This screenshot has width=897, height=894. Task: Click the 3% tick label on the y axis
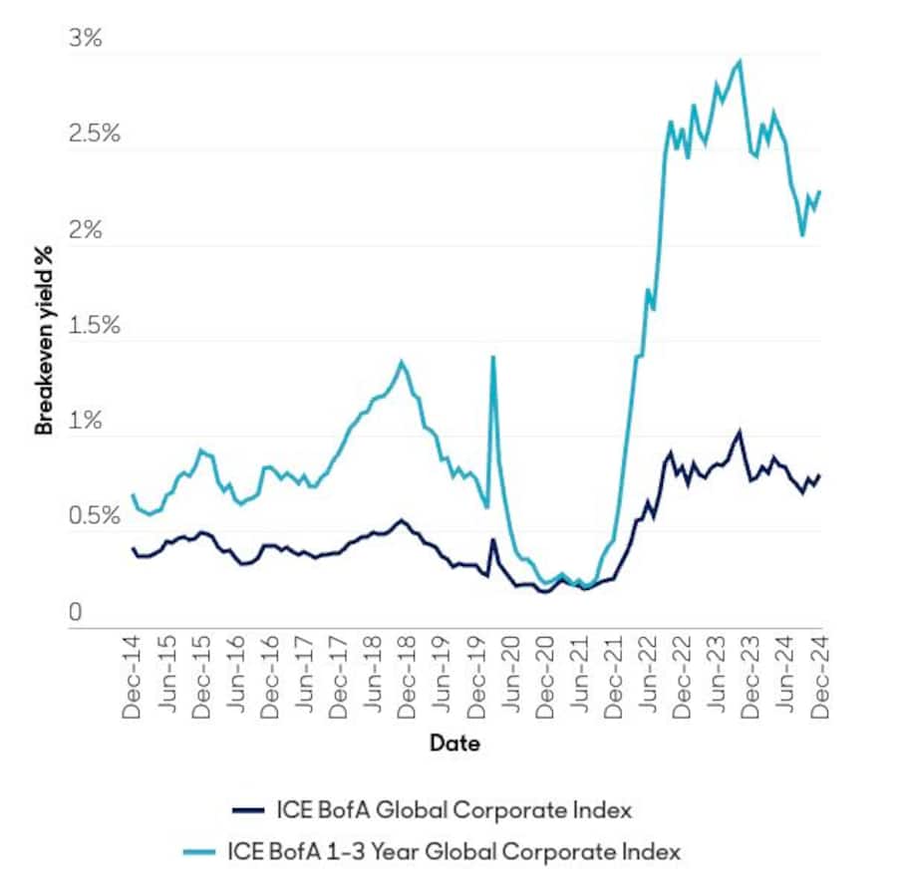(x=86, y=39)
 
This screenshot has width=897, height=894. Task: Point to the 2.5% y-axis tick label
(x=94, y=135)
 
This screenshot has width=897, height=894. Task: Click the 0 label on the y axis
(x=75, y=613)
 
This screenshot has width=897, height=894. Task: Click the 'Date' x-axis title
(x=454, y=744)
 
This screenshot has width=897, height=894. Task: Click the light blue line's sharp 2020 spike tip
(x=492, y=357)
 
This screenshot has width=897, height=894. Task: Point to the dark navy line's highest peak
(x=739, y=432)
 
